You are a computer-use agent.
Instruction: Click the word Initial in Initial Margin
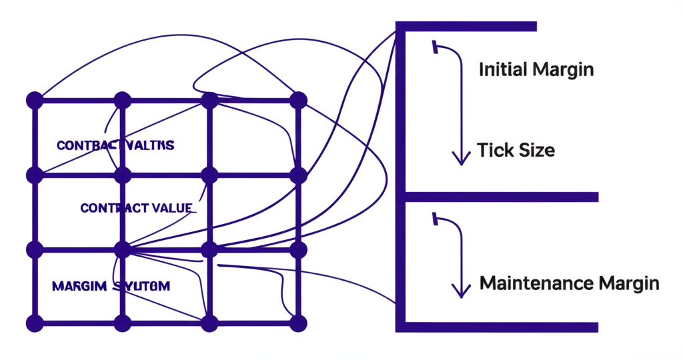(x=501, y=69)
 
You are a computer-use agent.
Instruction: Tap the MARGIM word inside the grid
(x=79, y=286)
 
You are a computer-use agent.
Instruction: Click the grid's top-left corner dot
(x=34, y=101)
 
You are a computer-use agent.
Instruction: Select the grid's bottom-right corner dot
(x=298, y=323)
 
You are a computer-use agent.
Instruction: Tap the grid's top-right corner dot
(x=298, y=101)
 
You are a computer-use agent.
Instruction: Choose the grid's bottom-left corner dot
(x=34, y=323)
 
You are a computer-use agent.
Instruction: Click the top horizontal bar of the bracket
(x=467, y=27)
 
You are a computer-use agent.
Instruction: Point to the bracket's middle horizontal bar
(x=500, y=197)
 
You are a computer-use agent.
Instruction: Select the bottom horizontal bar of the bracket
(x=500, y=327)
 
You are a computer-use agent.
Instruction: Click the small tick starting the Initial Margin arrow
(x=435, y=47)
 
